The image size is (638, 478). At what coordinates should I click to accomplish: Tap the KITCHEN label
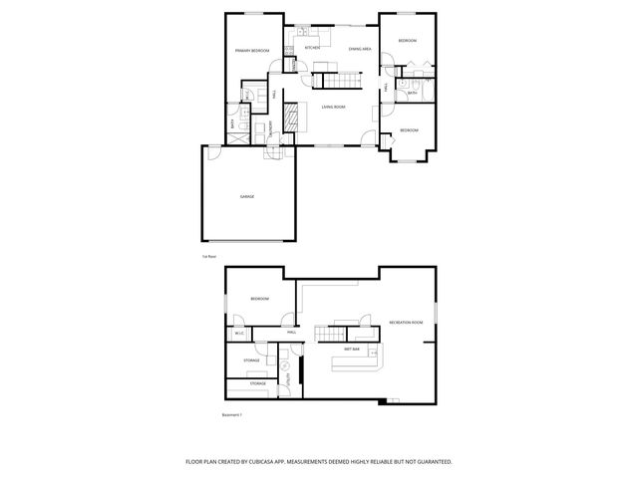click(x=312, y=47)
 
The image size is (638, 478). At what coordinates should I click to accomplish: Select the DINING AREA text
click(x=360, y=48)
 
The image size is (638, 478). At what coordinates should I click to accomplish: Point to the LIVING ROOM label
click(x=332, y=107)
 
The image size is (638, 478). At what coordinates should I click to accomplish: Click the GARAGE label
click(x=246, y=196)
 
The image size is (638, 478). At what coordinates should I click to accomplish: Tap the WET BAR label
click(x=352, y=350)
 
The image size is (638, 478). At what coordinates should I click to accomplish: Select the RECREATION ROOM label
click(x=406, y=323)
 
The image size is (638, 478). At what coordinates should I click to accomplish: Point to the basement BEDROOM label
click(x=259, y=299)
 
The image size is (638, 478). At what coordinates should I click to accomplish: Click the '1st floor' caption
click(x=209, y=256)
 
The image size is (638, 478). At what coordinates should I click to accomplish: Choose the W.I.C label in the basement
click(x=239, y=333)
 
